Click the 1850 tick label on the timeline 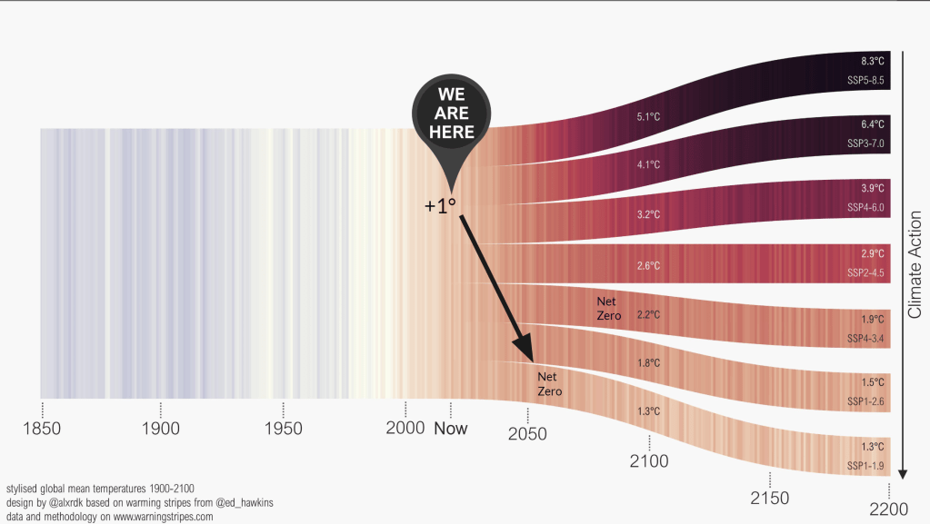coord(41,428)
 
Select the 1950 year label coord(284,428)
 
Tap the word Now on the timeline coord(450,428)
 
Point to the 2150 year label coord(770,498)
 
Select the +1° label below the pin coord(440,206)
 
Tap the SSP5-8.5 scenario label coord(865,81)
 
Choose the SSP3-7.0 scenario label coord(865,144)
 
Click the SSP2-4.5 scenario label coord(865,272)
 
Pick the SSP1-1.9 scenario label coord(865,466)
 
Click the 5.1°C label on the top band coord(648,116)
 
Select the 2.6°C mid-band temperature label coord(648,266)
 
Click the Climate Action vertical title coord(915,264)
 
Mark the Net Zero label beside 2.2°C coord(608,308)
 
